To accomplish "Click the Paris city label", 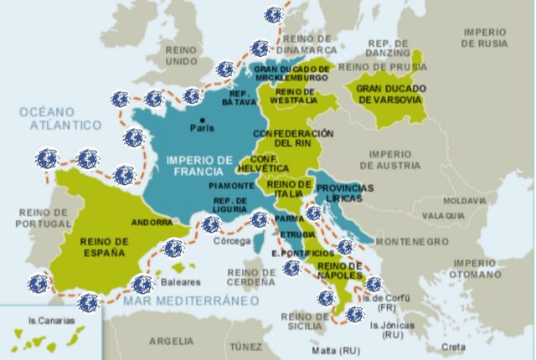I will point(201,129).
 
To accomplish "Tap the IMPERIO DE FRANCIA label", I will point(198,164).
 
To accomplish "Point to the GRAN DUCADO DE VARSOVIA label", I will point(391,94).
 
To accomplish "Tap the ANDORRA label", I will point(152,223).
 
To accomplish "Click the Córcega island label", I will point(233,241).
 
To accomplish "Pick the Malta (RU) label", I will point(329,350).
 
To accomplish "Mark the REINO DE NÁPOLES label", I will point(340,270).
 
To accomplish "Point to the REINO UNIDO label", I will point(182,55).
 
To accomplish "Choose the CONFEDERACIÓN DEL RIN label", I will point(293,138).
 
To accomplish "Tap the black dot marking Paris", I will point(201,120).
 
